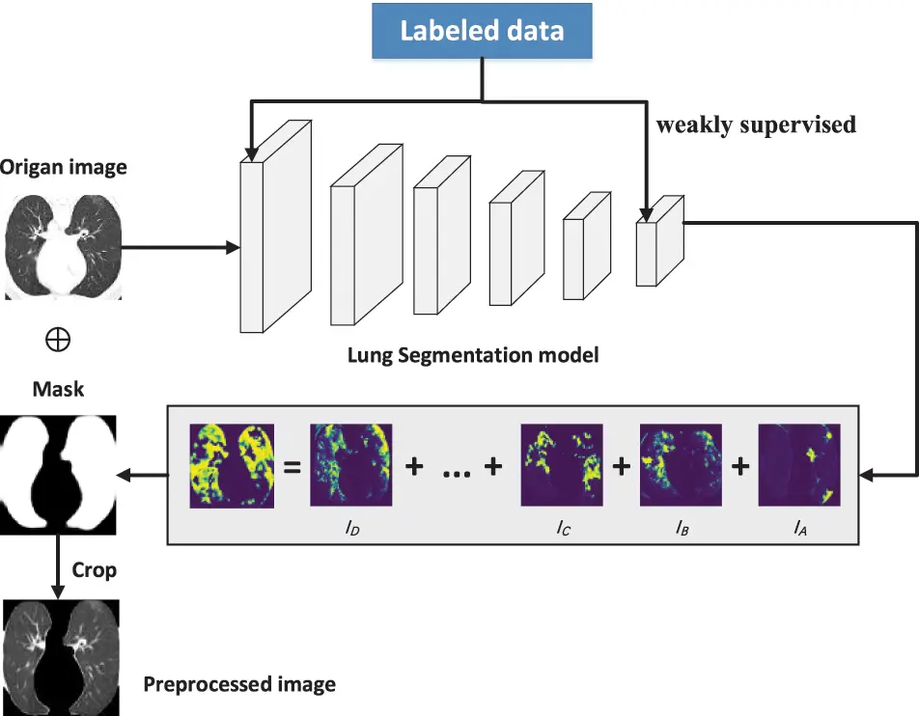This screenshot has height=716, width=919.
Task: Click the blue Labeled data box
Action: pyautogui.click(x=482, y=32)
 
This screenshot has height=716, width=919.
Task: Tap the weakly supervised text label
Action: pyautogui.click(x=756, y=124)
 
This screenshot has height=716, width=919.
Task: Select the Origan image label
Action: pyautogui.click(x=64, y=167)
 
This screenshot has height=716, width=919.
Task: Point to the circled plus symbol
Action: pyautogui.click(x=57, y=340)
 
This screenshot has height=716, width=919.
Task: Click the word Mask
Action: pyautogui.click(x=58, y=389)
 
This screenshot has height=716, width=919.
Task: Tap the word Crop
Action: pyautogui.click(x=95, y=570)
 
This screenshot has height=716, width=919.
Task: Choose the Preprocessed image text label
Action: pyautogui.click(x=239, y=684)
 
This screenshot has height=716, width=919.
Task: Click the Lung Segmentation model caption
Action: pyautogui.click(x=473, y=355)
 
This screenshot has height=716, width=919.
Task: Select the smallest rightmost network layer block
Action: pyautogui.click(x=658, y=240)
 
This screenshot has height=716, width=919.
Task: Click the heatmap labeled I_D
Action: pyautogui.click(x=350, y=465)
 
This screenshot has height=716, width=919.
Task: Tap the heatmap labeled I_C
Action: pyautogui.click(x=561, y=465)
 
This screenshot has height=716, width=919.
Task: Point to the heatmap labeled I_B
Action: pyautogui.click(x=681, y=465)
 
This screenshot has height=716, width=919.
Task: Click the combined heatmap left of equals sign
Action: pyautogui.click(x=232, y=465)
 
